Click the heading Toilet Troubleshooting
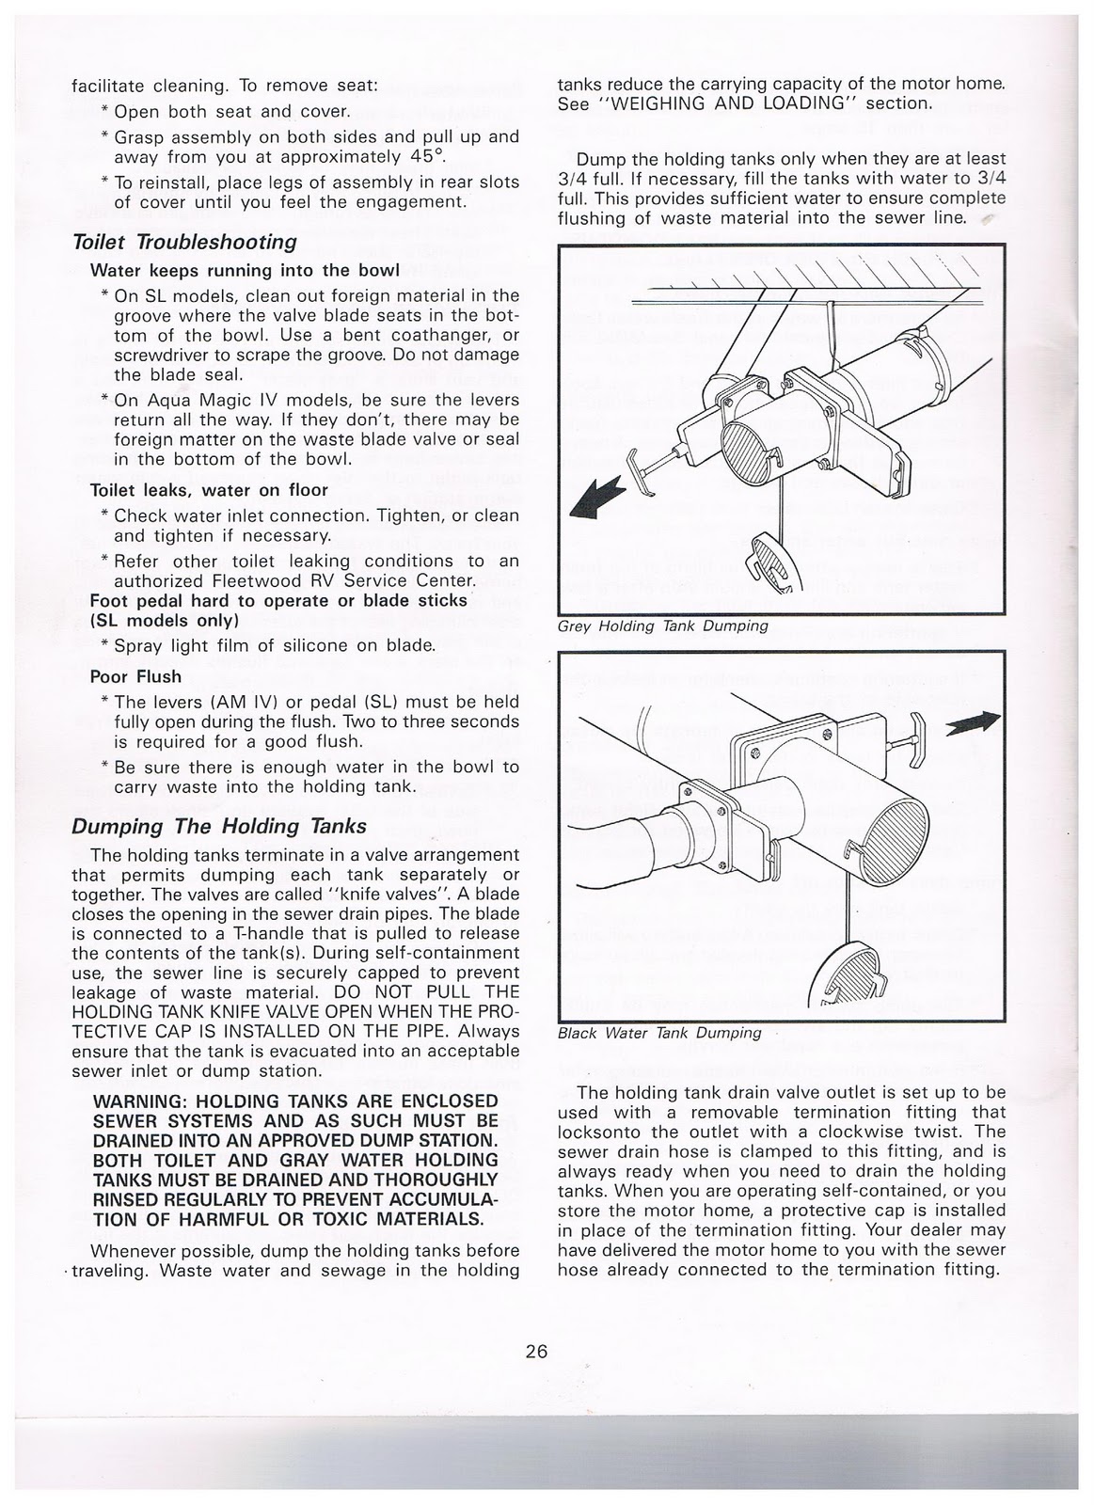(x=184, y=242)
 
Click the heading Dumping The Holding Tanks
(x=219, y=827)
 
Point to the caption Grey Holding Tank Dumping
(x=662, y=626)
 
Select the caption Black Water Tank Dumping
(x=658, y=1033)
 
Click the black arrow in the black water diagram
(x=973, y=721)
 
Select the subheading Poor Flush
(x=135, y=676)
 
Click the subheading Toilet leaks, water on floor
(x=209, y=490)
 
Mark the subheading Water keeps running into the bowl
(x=245, y=270)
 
